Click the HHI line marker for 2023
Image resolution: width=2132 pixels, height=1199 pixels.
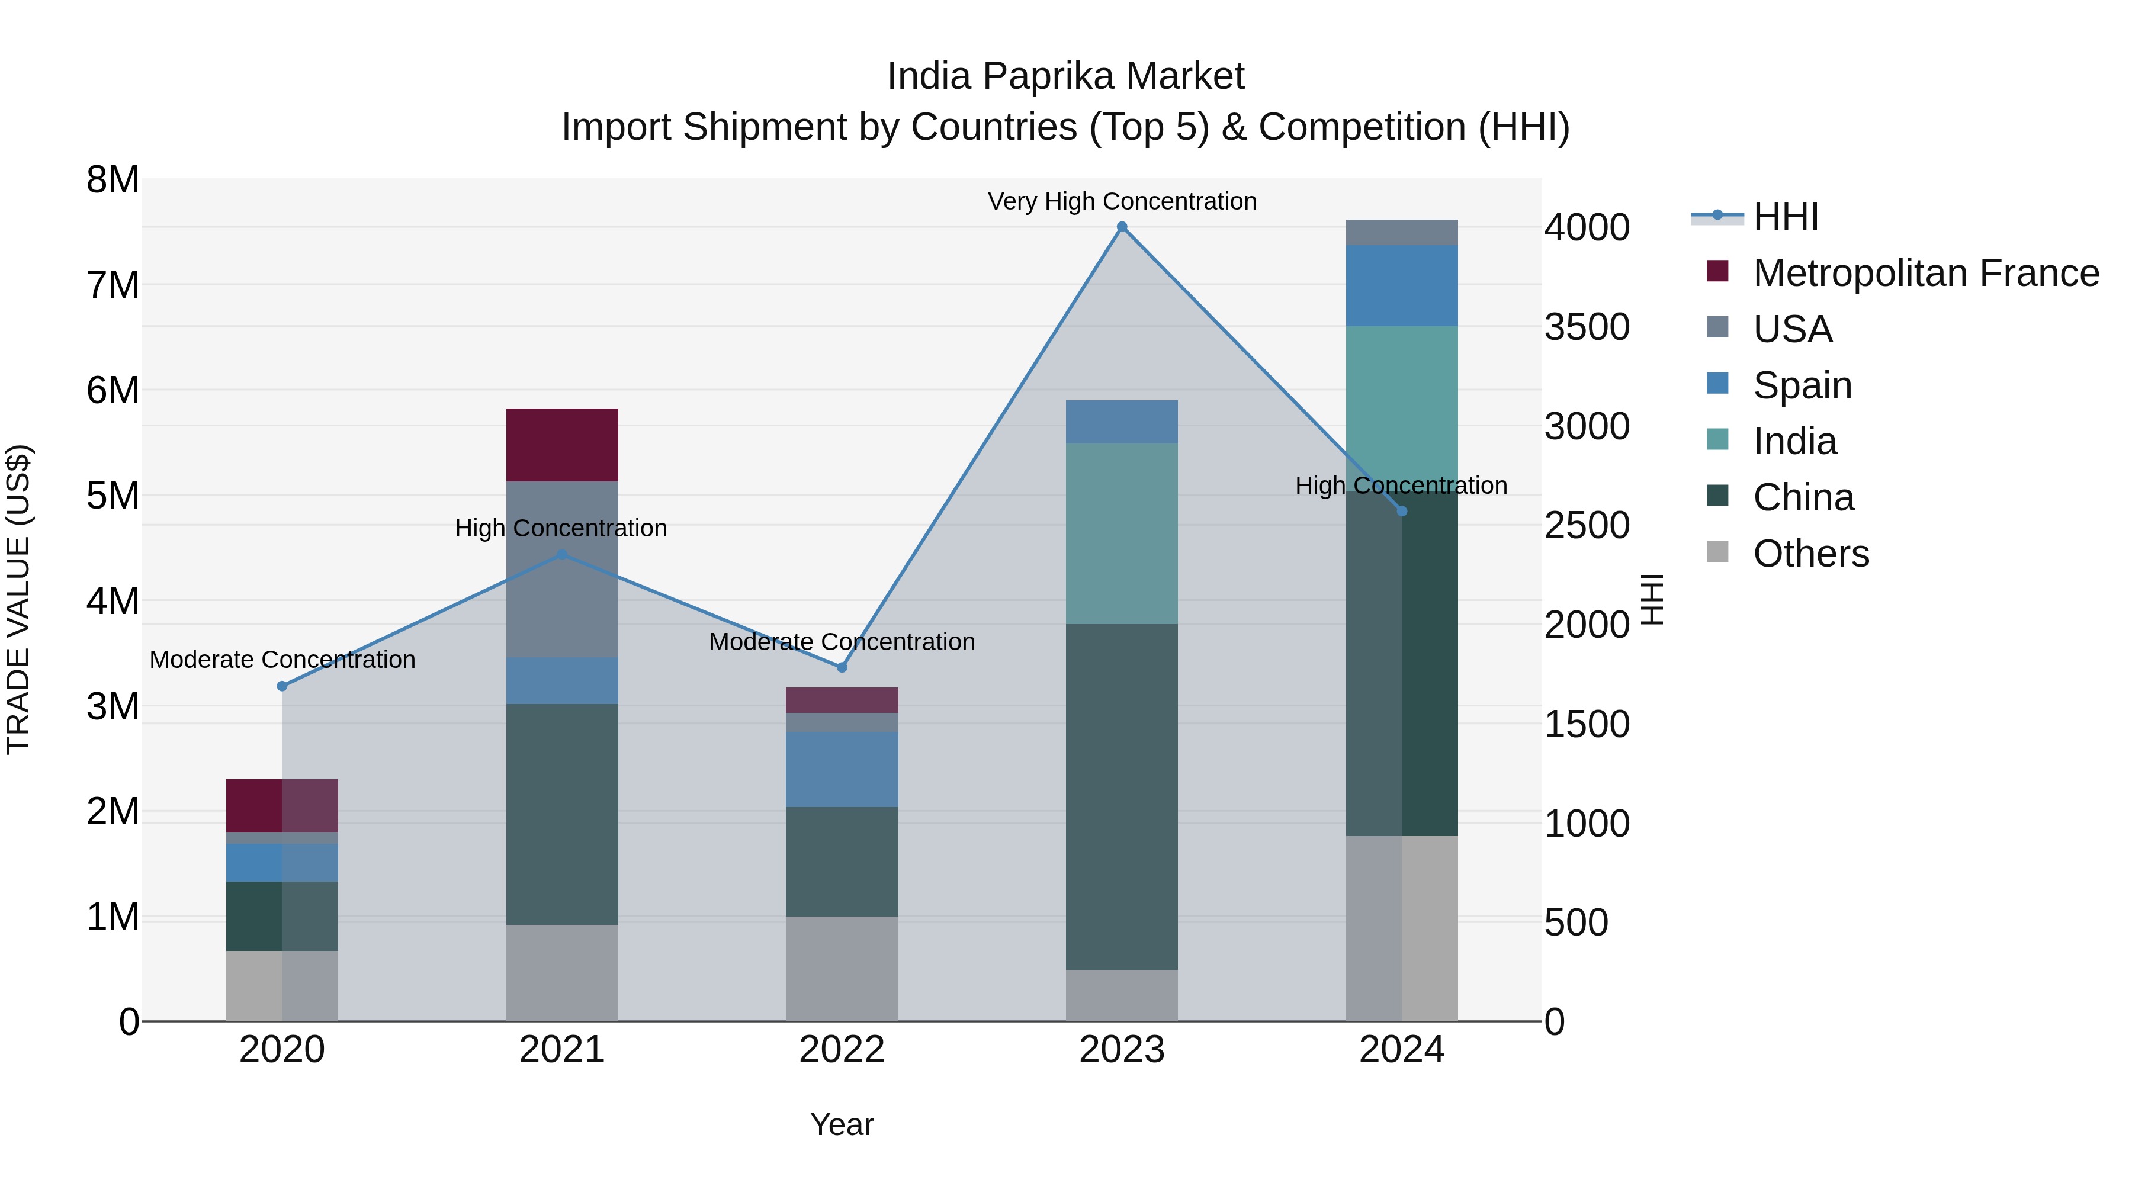click(1122, 227)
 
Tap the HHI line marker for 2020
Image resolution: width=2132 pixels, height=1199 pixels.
click(282, 686)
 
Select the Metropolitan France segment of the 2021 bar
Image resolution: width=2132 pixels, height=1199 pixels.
click(562, 445)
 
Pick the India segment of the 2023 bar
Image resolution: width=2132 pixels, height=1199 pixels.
click(1122, 533)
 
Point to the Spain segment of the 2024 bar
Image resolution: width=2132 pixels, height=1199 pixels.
click(1401, 285)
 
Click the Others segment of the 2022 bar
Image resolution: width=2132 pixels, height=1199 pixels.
click(842, 968)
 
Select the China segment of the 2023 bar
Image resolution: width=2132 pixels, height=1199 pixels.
click(1122, 797)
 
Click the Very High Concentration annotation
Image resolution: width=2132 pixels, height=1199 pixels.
click(1122, 202)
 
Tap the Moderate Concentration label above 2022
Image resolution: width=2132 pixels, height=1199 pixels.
click(842, 642)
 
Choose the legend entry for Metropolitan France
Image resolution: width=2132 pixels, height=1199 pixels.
click(1925, 273)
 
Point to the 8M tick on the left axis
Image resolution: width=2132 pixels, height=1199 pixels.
click(113, 179)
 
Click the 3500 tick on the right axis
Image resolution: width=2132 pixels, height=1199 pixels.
click(1587, 327)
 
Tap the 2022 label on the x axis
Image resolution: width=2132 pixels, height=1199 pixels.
click(842, 1050)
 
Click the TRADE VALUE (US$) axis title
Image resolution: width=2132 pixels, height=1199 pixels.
click(18, 599)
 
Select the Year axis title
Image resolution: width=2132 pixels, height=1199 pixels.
click(842, 1124)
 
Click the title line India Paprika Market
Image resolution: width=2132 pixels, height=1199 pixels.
click(1065, 76)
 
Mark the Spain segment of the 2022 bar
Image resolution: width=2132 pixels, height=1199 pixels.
click(842, 770)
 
